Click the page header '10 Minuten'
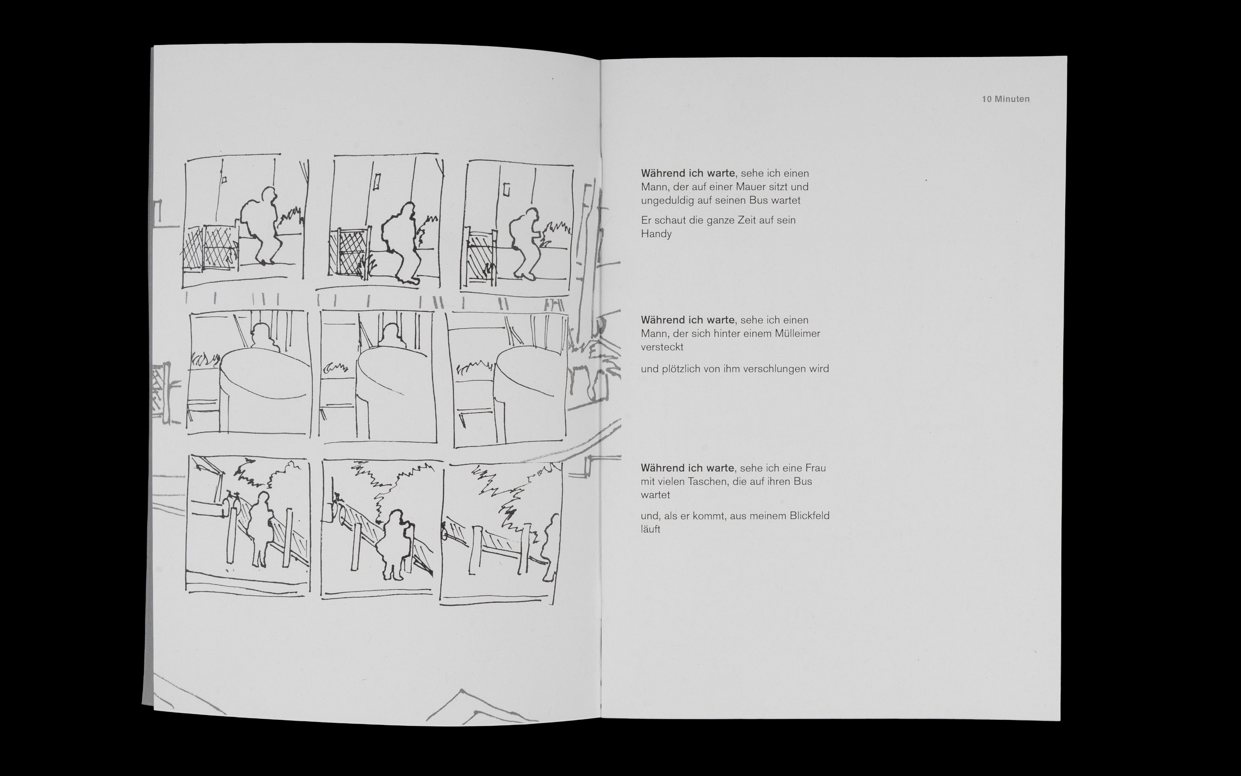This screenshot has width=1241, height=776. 1006,99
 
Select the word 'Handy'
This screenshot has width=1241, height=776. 656,234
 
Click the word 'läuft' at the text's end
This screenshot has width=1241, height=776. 650,529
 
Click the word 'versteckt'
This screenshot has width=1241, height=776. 662,347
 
